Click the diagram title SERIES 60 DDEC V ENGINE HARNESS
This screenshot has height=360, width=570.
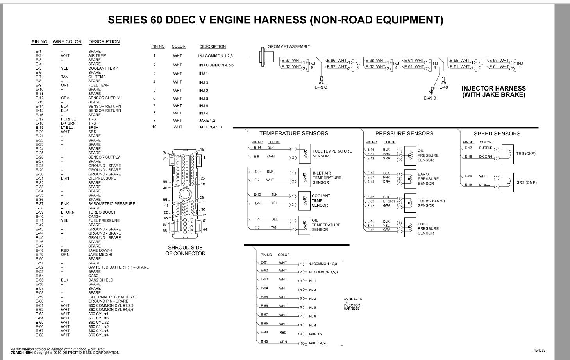[x=275, y=20]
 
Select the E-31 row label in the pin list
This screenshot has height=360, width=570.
[x=39, y=178]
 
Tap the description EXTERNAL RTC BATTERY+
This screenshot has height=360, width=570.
[x=113, y=297]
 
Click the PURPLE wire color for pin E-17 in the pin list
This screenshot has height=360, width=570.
[x=68, y=119]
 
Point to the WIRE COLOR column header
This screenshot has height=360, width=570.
[x=67, y=42]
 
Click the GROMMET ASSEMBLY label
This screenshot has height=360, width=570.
[x=289, y=46]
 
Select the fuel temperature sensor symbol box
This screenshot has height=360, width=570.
[x=304, y=154]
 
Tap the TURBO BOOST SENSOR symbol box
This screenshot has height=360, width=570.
[x=410, y=203]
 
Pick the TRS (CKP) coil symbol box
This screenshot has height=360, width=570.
[x=507, y=154]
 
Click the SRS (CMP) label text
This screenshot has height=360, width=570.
[x=526, y=182]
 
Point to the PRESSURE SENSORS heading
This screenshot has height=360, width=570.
[x=404, y=134]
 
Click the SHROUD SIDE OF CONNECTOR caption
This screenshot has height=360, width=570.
[x=185, y=250]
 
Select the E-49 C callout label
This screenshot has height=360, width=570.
[x=321, y=87]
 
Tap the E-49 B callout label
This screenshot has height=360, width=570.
[x=430, y=98]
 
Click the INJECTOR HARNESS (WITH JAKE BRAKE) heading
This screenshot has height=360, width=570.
[x=493, y=91]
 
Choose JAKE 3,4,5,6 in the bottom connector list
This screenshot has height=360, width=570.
[x=318, y=343]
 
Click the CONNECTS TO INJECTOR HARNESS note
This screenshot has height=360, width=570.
[x=352, y=303]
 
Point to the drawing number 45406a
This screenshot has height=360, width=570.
[x=539, y=351]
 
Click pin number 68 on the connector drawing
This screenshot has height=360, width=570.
[x=165, y=230]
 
